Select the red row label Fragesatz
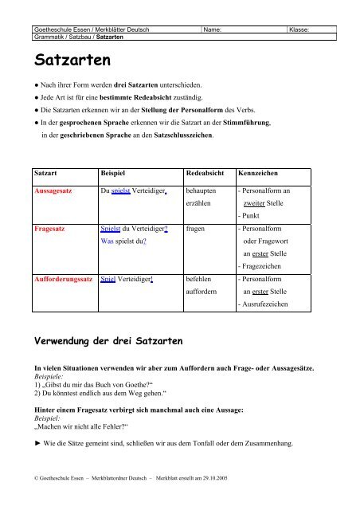click(x=49, y=228)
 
